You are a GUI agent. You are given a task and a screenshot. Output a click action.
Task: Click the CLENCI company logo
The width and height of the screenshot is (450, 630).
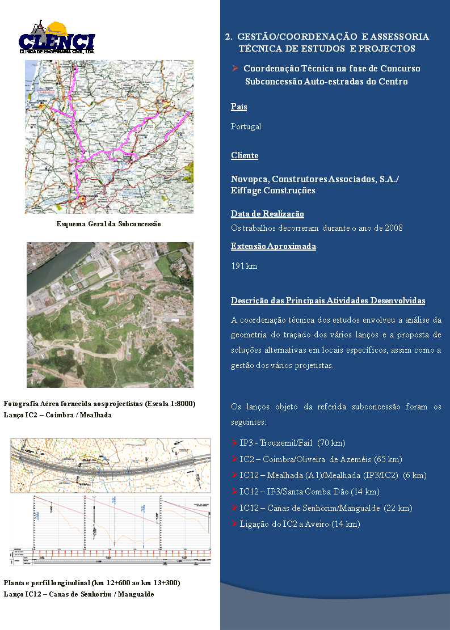pyautogui.click(x=57, y=38)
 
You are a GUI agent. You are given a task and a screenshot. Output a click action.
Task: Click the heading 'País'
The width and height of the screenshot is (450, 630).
pyautogui.click(x=239, y=107)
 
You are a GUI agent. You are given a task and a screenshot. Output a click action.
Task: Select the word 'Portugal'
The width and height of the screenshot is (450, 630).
pyautogui.click(x=246, y=126)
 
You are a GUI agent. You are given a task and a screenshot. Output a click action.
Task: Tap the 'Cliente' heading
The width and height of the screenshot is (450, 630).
pyautogui.click(x=245, y=155)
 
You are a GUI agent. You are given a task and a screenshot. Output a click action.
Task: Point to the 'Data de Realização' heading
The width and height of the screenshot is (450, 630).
pyautogui.click(x=267, y=214)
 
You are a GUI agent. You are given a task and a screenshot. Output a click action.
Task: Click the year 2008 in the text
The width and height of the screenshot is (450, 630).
pyautogui.click(x=393, y=228)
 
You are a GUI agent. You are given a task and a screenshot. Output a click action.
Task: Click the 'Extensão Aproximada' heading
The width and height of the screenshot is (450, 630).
pyautogui.click(x=274, y=246)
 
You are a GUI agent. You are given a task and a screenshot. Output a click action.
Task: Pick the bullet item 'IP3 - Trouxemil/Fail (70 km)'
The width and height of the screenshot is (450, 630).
pyautogui.click(x=292, y=443)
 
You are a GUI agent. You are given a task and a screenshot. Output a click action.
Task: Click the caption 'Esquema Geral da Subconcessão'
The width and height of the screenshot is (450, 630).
pyautogui.click(x=109, y=224)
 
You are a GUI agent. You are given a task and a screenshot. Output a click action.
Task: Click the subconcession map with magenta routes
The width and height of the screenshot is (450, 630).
pyautogui.click(x=109, y=137)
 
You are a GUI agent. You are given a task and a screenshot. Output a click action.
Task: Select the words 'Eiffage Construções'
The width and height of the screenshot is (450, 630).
pyautogui.click(x=273, y=191)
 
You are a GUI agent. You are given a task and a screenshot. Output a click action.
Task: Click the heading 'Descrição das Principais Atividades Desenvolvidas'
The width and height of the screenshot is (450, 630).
pyautogui.click(x=328, y=301)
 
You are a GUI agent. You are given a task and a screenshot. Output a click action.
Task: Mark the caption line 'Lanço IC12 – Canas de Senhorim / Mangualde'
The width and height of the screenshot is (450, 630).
pyautogui.click(x=79, y=594)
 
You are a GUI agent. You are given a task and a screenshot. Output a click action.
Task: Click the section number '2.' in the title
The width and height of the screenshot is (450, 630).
pyautogui.click(x=228, y=37)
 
